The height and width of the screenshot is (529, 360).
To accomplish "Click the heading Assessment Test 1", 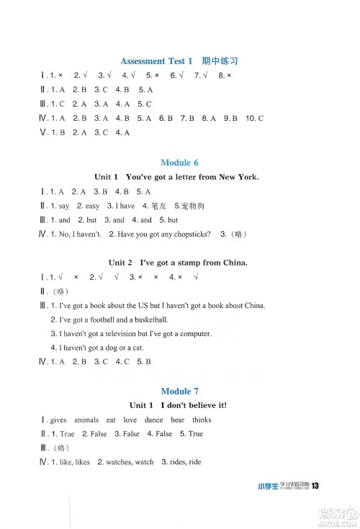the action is [156, 61].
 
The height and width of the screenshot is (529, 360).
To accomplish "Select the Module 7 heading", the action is [179, 391].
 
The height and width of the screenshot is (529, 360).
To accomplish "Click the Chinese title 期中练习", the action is [219, 61].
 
